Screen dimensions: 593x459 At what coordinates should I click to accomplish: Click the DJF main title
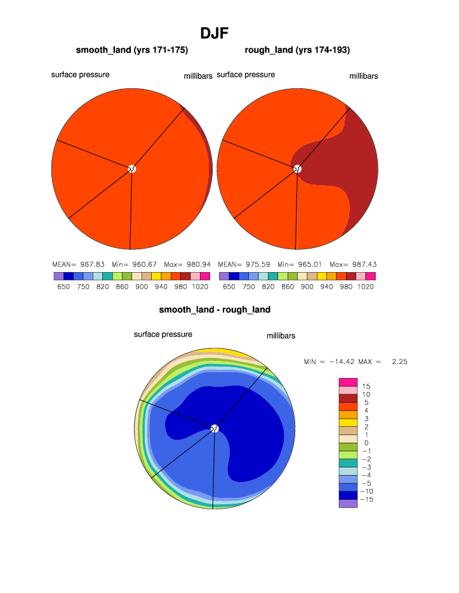point(214,33)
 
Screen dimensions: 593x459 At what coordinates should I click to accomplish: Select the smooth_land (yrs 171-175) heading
point(132,50)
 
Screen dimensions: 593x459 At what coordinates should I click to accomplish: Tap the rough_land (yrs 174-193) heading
point(297,50)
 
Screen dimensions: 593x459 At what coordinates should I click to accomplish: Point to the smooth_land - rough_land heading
point(215,310)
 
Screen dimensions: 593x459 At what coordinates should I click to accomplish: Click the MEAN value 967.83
point(91,264)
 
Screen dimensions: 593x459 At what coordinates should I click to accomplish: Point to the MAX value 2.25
point(400,362)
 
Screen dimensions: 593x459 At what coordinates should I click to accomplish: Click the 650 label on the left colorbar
point(63,287)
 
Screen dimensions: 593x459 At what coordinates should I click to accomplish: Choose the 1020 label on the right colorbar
point(366,287)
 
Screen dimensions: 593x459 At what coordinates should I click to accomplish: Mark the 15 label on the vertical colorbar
point(366,386)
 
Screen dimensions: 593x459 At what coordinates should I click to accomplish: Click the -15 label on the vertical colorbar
point(366,500)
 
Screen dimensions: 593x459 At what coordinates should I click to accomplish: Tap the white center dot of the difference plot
point(215,429)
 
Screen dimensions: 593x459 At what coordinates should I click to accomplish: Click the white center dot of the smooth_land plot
point(131,169)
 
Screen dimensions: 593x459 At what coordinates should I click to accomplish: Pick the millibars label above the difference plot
point(281,336)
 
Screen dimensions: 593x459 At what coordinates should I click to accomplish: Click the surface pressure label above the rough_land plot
point(246,75)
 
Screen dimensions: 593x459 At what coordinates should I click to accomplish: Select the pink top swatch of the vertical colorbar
point(348,382)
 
